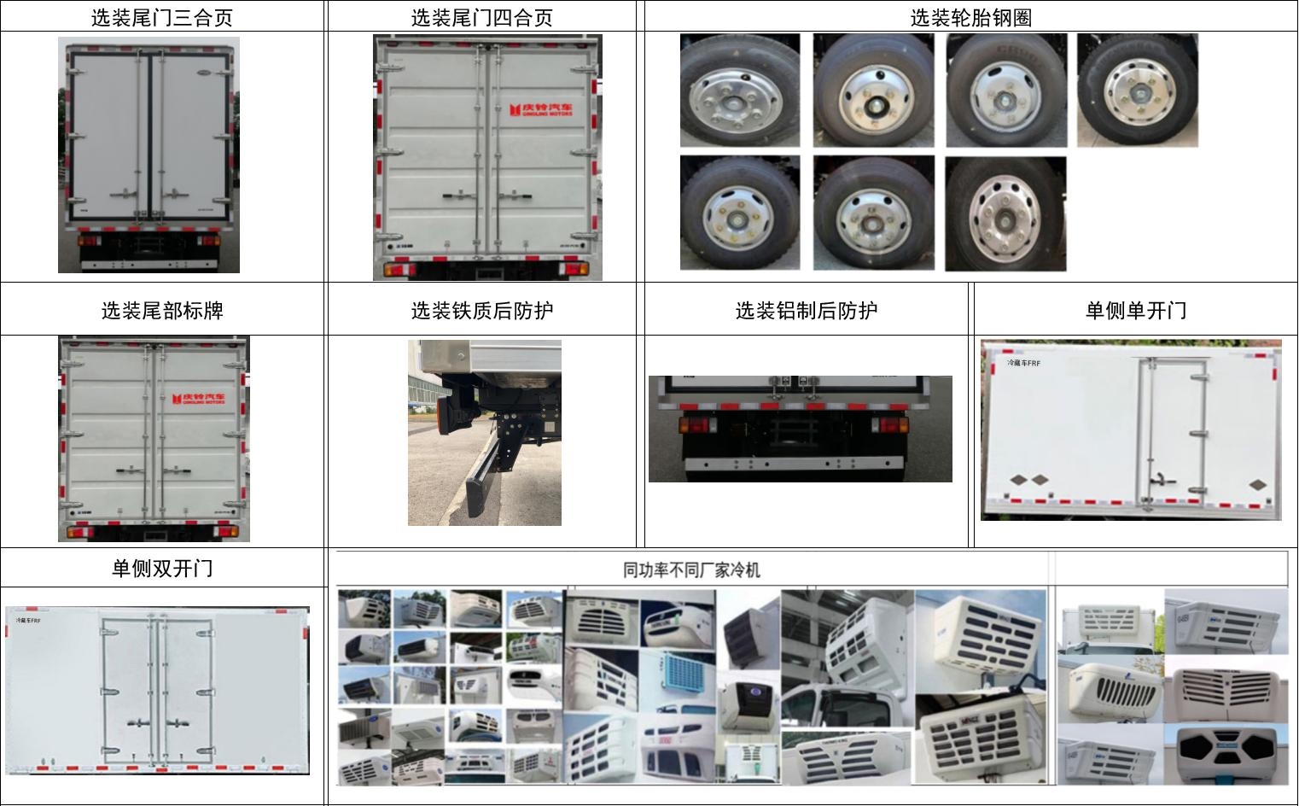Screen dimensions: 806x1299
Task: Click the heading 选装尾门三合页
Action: (161, 17)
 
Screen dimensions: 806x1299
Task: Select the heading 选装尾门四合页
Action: (481, 17)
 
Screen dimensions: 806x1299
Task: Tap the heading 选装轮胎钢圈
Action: (970, 17)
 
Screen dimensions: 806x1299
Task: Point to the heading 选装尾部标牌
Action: (162, 310)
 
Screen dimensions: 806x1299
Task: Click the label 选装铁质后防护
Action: (481, 310)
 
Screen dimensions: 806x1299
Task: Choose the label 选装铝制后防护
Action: (806, 310)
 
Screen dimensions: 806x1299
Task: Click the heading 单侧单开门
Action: (1135, 310)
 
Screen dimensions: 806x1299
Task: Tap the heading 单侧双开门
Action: (162, 568)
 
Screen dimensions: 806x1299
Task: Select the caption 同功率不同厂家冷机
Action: (691, 569)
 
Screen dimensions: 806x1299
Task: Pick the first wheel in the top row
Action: (739, 91)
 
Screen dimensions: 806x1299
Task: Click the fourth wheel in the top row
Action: (1137, 91)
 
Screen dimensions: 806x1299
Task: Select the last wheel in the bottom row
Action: (1005, 213)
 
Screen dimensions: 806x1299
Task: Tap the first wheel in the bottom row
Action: (739, 213)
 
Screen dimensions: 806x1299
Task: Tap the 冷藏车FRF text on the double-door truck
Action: (29, 621)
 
